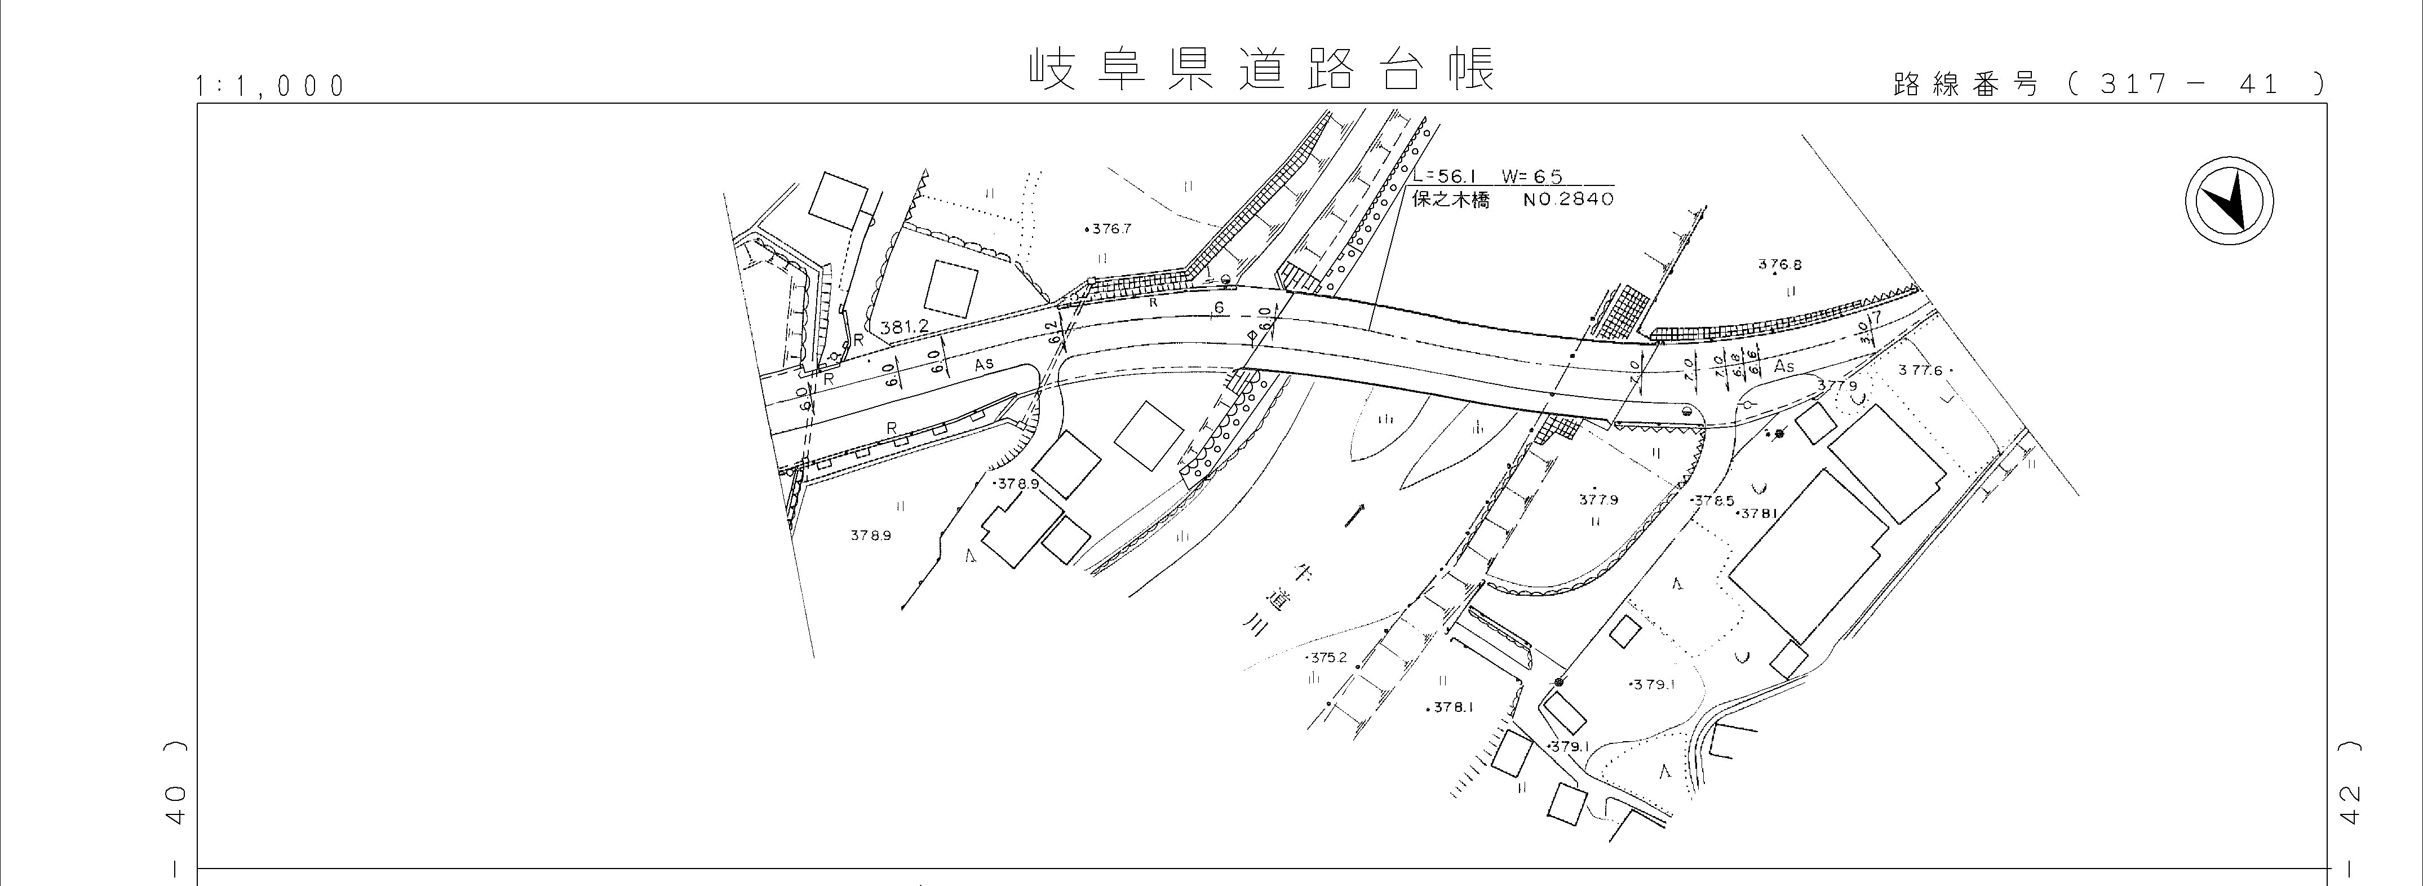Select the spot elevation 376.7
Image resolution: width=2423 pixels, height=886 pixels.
pos(1110,229)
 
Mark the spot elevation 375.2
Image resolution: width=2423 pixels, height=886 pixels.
pos(1327,657)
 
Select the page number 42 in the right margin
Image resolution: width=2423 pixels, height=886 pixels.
pos(2349,802)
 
